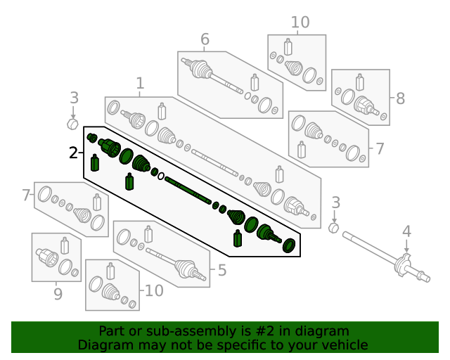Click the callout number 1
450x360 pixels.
point(140,83)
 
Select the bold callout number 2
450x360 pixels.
point(74,152)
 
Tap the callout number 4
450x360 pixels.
point(406,231)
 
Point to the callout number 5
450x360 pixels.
point(221,269)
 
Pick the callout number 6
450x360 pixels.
point(205,39)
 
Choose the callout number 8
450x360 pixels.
point(400,98)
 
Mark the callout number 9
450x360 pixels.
point(58,293)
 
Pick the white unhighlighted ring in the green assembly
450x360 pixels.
point(161,176)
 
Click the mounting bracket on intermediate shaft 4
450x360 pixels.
point(406,265)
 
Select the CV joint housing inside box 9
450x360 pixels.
point(48,257)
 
